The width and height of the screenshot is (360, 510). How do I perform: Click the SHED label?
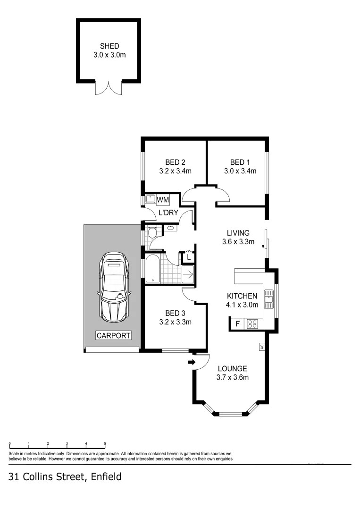109,46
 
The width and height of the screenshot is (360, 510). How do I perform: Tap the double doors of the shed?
109,87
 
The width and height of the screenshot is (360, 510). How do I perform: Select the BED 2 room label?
175,162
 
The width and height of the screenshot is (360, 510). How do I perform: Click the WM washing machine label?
163,200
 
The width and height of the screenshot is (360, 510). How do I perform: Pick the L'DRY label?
168,213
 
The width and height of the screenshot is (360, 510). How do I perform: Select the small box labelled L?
189,257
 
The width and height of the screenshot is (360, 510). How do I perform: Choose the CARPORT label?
113,336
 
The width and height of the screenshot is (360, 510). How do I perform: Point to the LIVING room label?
238,233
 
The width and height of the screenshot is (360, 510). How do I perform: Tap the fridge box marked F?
237,324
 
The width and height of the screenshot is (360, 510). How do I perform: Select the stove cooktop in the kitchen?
252,324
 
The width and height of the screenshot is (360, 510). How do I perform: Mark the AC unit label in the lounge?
260,347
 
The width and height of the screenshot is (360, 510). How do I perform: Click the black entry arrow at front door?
191,362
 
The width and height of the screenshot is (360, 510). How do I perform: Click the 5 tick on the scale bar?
105,444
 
